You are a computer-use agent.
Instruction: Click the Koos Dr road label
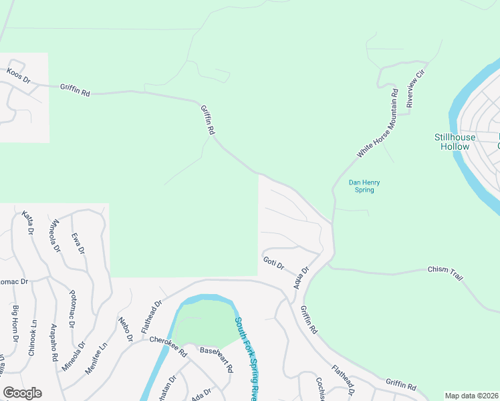[x=18, y=74]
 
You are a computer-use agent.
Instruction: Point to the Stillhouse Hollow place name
[x=455, y=142]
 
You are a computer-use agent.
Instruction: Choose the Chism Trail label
[x=445, y=273]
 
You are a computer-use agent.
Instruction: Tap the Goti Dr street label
[x=273, y=263]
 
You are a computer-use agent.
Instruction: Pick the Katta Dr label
[x=28, y=223]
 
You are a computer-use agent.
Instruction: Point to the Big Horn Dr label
[x=15, y=321]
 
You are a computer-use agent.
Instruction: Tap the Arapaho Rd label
[x=53, y=343]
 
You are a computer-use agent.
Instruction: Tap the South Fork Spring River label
[x=245, y=357]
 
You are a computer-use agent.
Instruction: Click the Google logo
[x=22, y=393]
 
